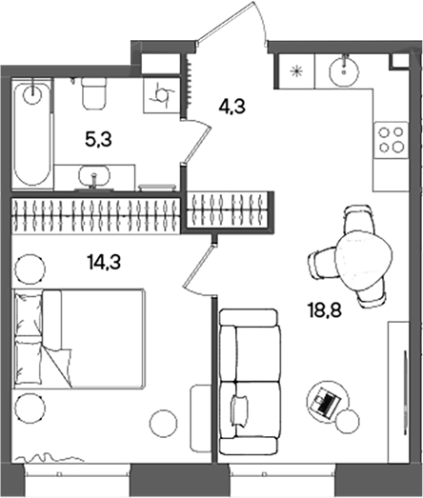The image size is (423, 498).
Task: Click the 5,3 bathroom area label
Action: (98, 140)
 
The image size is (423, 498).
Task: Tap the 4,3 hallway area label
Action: (232, 107)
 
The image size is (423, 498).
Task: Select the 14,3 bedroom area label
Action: (104, 263)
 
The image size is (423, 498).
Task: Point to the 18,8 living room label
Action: (325, 310)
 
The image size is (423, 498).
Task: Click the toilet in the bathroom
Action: (93, 93)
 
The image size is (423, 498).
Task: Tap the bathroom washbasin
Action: (94, 176)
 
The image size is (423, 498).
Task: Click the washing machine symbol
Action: (162, 96)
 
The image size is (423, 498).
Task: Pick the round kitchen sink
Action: (345, 70)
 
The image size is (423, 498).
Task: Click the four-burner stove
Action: (391, 140)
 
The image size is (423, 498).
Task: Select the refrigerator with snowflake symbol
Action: (295, 71)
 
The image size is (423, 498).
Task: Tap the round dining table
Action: (363, 260)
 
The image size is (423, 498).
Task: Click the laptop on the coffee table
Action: (325, 401)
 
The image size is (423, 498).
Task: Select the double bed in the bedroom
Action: (79, 339)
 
